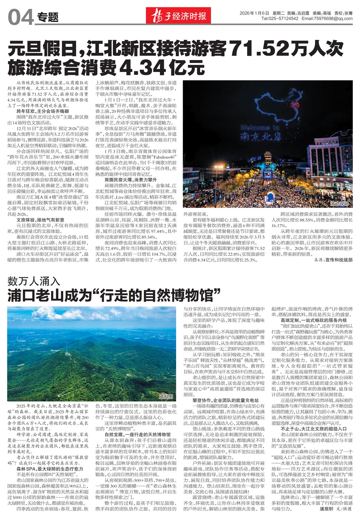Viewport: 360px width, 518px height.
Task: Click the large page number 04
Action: [x=20, y=17]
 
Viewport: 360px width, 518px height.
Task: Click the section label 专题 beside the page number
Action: [x=48, y=17]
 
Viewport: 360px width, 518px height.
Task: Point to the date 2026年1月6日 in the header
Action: [x=254, y=13]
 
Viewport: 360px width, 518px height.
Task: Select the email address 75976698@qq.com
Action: [x=333, y=19]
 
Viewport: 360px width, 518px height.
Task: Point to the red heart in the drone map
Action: [x=295, y=106]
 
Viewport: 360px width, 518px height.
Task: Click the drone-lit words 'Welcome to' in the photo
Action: [x=260, y=128]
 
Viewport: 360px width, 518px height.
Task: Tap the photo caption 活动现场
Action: [x=339, y=204]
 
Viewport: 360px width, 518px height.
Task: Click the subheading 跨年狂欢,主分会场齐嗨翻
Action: [x=43, y=111]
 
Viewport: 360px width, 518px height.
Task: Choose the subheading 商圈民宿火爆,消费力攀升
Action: [x=131, y=180]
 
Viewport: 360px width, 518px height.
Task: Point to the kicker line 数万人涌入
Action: [x=34, y=281]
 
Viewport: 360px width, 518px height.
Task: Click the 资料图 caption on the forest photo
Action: [x=166, y=396]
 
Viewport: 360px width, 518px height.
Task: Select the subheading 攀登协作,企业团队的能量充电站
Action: [x=225, y=400]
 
